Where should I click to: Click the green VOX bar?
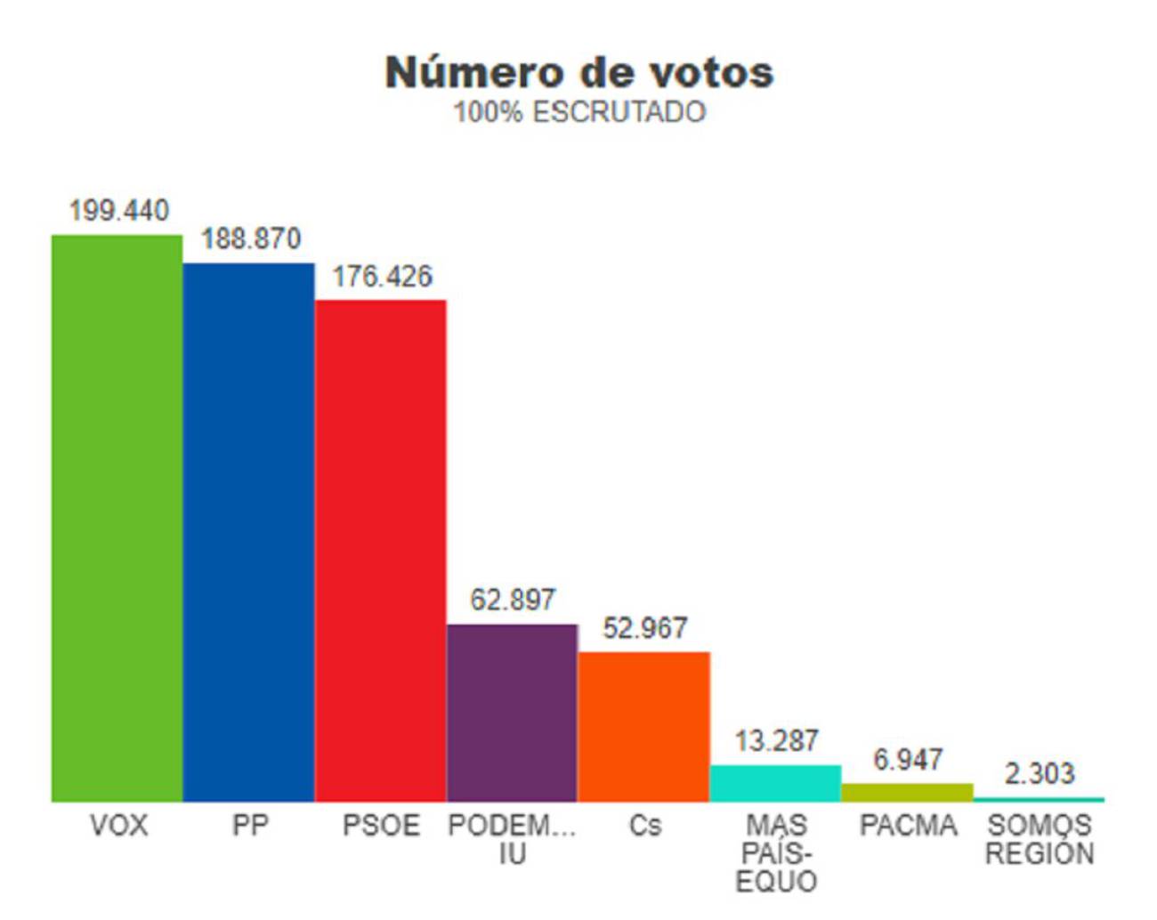pos(117,518)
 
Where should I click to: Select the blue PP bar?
pos(248,532)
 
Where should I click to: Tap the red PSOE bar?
pos(380,550)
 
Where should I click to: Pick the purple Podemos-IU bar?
pos(512,713)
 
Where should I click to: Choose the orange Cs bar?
pos(643,727)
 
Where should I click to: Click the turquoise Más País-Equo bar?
pos(775,783)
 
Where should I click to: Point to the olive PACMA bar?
pos(907,793)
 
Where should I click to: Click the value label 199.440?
pos(118,211)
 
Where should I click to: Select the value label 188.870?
pos(250,238)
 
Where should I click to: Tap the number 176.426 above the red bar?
pos(382,277)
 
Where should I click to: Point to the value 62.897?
pos(513,600)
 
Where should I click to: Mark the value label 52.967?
pos(644,628)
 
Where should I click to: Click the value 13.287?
pos(776,740)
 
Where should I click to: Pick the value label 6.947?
pos(907,760)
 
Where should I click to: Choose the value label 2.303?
pos(1039,773)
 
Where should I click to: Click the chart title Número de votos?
pos(579,73)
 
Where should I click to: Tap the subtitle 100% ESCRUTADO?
pos(579,112)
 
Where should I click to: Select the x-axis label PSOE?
pos(381,826)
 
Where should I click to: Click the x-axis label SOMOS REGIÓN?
pos(1039,839)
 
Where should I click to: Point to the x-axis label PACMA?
pos(908,826)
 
